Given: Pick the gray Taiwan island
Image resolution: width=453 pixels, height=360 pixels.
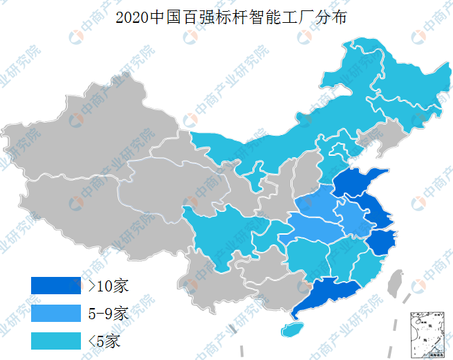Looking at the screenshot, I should coord(396,281).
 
